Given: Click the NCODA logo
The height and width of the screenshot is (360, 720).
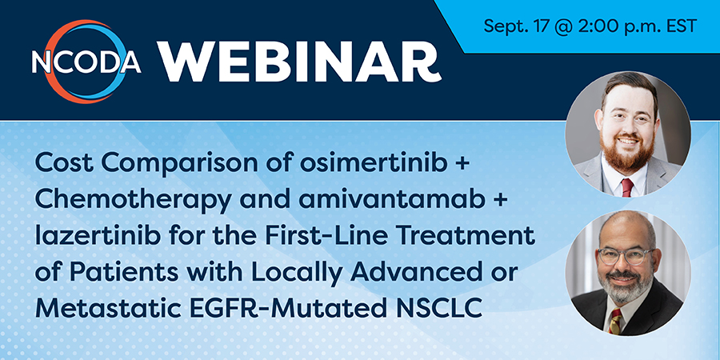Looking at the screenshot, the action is click(x=86, y=61).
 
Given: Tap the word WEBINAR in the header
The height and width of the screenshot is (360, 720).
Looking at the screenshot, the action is click(x=299, y=62).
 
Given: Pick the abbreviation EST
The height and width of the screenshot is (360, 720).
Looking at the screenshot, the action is click(x=681, y=26).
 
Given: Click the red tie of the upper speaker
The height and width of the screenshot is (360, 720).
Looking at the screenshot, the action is click(x=626, y=187).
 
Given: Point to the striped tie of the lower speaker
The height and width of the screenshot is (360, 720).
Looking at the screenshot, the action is click(x=615, y=320).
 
